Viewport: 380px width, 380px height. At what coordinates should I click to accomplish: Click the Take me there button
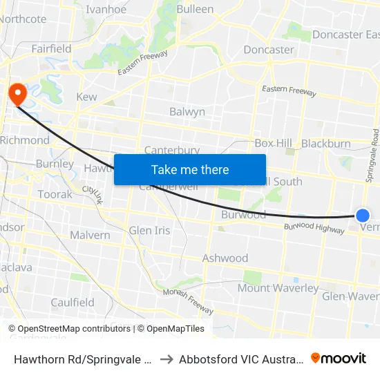point(190,169)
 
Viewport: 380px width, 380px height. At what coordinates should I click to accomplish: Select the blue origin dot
point(362,216)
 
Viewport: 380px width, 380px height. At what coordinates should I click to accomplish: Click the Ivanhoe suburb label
point(106,10)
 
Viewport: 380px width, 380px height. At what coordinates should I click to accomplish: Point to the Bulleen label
point(195,10)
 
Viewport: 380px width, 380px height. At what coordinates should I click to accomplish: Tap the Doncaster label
point(269,50)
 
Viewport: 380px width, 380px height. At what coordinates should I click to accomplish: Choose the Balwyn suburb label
point(187,111)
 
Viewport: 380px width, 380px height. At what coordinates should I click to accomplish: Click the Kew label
point(87,97)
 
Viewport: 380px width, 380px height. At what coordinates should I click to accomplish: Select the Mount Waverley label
point(278,288)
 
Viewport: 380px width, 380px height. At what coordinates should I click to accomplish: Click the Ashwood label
point(225,258)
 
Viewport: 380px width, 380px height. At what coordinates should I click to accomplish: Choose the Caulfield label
point(73,303)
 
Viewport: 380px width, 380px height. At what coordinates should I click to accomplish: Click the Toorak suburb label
point(55,195)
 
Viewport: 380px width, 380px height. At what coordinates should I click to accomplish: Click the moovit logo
point(339,358)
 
